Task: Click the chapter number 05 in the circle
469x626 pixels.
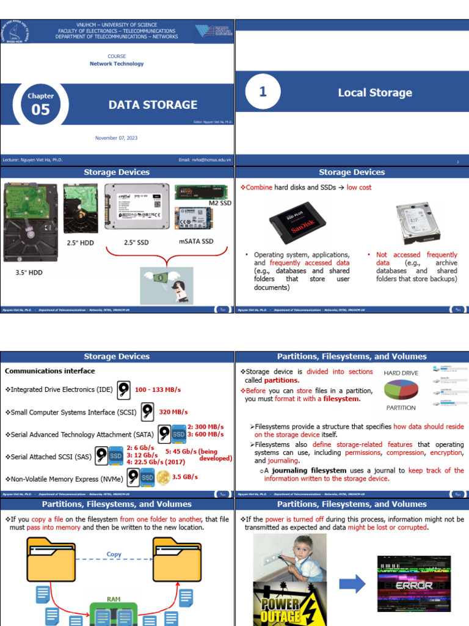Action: [x=41, y=110]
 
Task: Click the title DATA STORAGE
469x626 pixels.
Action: [x=153, y=105]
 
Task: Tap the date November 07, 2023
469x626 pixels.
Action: [x=116, y=138]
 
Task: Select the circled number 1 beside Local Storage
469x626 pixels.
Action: [x=263, y=92]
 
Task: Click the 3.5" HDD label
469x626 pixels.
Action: [x=29, y=273]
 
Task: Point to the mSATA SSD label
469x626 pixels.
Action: [x=196, y=241]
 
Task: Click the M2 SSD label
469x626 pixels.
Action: [x=220, y=203]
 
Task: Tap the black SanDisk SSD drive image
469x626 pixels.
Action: [x=297, y=221]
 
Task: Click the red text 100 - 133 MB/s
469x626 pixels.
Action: [x=158, y=389]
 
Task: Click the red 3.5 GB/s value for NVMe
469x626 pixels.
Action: [x=185, y=477]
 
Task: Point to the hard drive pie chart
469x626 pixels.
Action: [x=401, y=390]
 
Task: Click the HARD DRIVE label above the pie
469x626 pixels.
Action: [x=401, y=373]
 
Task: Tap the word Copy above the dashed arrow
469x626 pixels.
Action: [x=114, y=554]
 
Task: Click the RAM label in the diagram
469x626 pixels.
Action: [x=114, y=600]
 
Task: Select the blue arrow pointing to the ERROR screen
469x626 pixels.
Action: [x=352, y=584]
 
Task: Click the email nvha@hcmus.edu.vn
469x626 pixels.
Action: [x=205, y=160]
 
